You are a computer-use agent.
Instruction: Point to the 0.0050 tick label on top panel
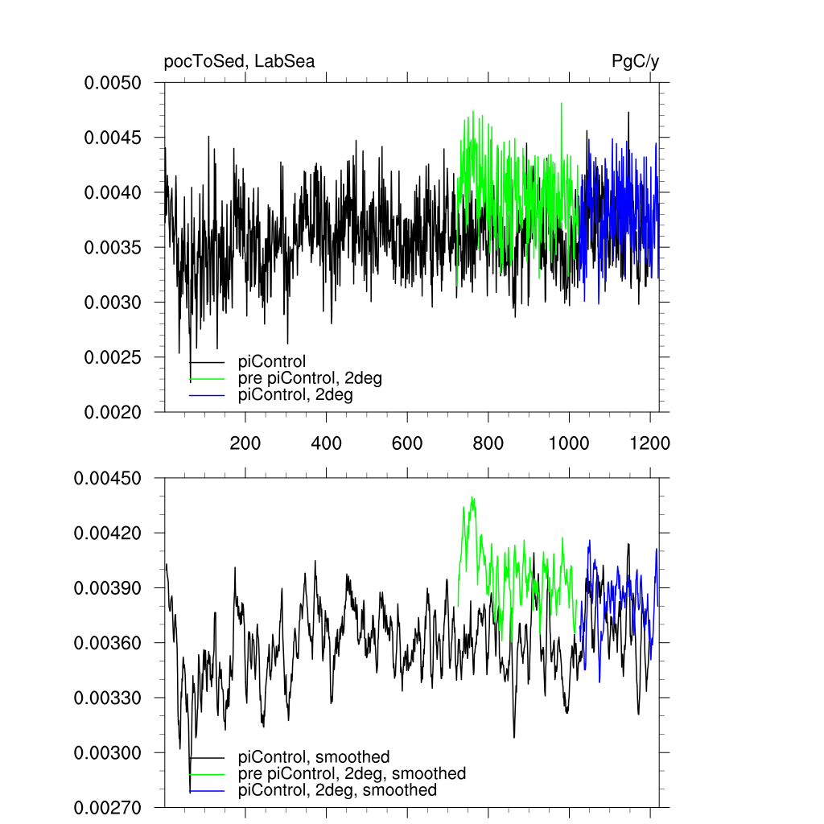click(x=113, y=83)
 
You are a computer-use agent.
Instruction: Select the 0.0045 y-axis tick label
click(x=113, y=138)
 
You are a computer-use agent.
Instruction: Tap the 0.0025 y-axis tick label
click(x=113, y=357)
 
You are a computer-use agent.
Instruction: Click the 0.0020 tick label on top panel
click(x=113, y=412)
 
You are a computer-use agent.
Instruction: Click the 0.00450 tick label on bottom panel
click(x=108, y=478)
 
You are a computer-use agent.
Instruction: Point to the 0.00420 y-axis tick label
click(x=108, y=533)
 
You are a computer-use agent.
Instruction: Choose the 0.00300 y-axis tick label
click(x=108, y=752)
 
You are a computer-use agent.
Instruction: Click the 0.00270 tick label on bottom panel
click(x=108, y=807)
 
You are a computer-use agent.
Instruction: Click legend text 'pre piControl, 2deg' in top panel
click(x=310, y=378)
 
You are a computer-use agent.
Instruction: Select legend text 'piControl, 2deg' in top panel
click(x=295, y=395)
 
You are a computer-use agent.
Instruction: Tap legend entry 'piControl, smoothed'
click(x=314, y=756)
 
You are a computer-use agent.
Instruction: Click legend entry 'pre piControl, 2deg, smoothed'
click(x=352, y=773)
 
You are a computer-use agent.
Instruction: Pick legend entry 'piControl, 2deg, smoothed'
click(x=337, y=790)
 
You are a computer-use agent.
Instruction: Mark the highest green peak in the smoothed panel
click(x=473, y=497)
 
